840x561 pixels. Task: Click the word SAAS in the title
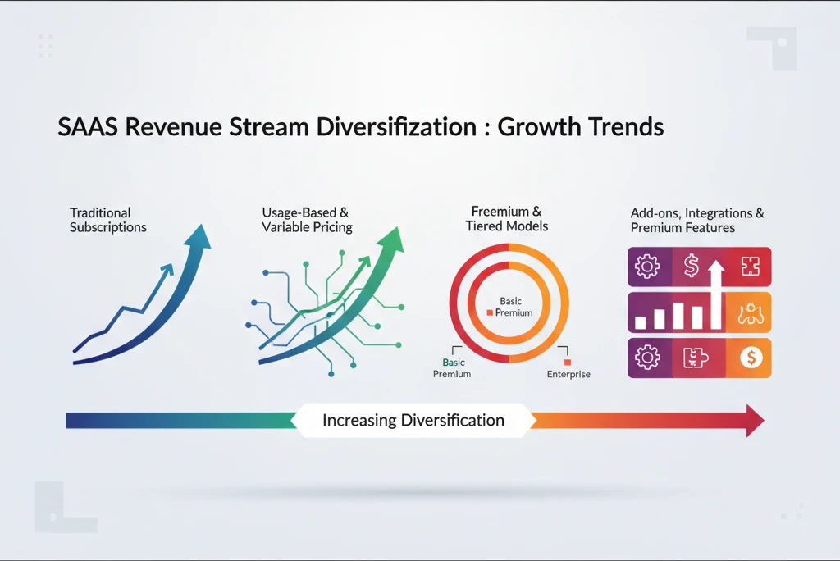coord(87,128)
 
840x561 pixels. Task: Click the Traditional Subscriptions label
coord(107,220)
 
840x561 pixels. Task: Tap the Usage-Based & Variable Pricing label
coord(307,220)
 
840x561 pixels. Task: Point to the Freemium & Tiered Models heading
coord(506,219)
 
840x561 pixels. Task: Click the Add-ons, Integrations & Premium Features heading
coord(696,220)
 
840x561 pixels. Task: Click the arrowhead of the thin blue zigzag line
coord(169,268)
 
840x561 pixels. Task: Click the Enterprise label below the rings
coord(568,374)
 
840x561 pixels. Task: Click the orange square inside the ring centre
coord(490,313)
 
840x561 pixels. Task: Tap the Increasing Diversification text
coord(413,421)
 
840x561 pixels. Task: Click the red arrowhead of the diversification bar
coord(752,421)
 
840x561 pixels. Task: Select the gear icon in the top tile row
coord(648,267)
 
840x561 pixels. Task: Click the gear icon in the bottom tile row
coord(648,358)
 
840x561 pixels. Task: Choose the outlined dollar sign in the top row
coord(691,265)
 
